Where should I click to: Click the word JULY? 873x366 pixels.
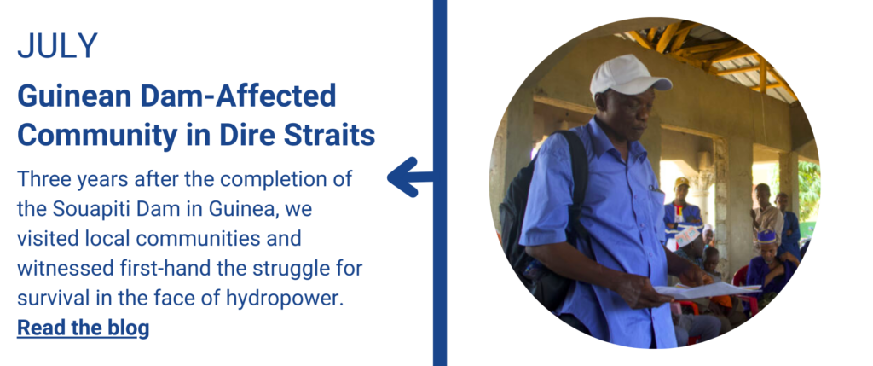pos(57,46)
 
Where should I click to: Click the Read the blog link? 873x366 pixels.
pos(83,328)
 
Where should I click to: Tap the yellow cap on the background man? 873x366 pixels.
pos(681,183)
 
